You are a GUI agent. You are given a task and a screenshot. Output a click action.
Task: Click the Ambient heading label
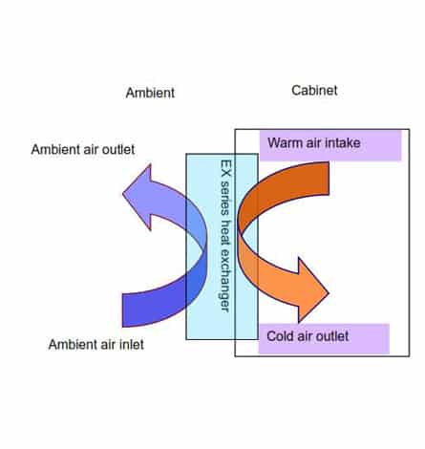tap(150, 93)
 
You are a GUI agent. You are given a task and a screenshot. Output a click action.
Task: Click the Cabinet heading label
tap(314, 91)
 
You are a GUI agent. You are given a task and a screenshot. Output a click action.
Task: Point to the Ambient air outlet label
tap(83, 149)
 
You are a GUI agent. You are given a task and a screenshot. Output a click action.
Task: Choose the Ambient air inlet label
tap(96, 345)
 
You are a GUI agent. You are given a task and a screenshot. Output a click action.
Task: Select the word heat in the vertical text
tap(225, 232)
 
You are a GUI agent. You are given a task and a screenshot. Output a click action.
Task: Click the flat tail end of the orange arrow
tap(329, 179)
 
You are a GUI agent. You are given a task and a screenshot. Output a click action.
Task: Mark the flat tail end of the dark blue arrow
tap(122, 310)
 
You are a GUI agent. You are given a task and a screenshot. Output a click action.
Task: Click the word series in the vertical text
tap(225, 198)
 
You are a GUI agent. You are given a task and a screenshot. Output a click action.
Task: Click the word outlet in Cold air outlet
tap(332, 336)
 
